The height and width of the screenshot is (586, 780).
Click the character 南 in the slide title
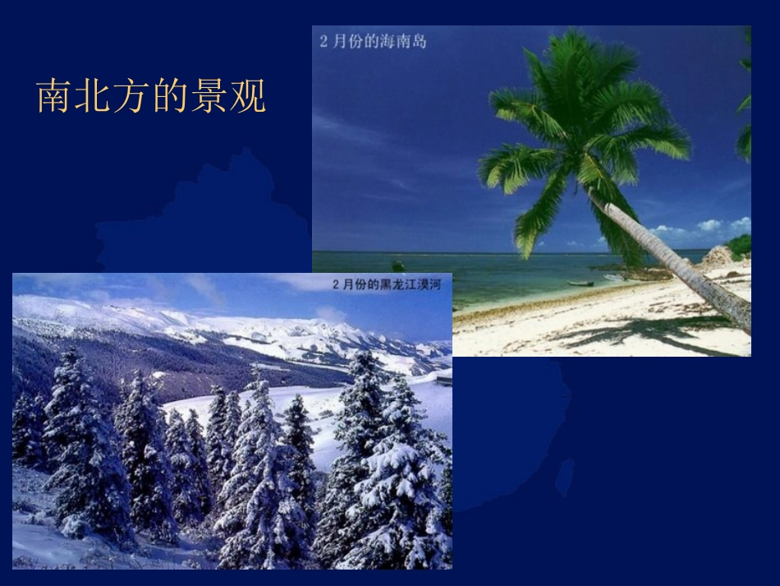[x=52, y=97]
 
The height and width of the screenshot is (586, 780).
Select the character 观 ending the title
[x=248, y=97]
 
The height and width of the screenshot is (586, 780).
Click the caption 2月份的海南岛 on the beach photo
[x=373, y=41]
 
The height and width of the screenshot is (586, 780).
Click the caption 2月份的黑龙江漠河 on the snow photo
[x=387, y=284]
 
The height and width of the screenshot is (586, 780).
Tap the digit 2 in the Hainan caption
[x=324, y=41]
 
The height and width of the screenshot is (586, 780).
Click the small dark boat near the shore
[x=580, y=284]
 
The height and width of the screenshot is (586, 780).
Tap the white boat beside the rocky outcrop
[x=614, y=278]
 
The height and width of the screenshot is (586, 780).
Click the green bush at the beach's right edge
[x=740, y=245]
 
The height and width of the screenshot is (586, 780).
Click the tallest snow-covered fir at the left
[x=82, y=444]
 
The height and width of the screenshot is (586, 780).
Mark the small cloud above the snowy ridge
[x=331, y=314]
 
